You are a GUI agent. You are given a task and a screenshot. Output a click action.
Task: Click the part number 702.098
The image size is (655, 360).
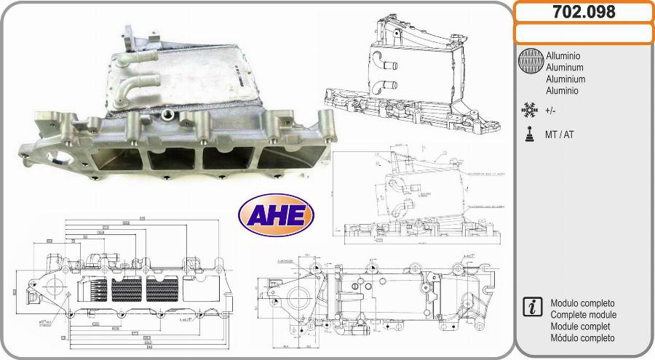click(584, 12)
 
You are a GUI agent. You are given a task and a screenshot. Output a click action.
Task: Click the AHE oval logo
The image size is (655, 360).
click(276, 215)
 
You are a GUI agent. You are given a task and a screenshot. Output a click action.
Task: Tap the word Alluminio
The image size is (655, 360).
click(563, 55)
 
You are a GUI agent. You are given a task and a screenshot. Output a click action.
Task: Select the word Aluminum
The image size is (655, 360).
click(563, 67)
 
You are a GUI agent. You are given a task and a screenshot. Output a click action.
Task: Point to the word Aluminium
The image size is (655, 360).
click(565, 79)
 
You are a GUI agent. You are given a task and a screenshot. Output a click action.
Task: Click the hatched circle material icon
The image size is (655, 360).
click(531, 62)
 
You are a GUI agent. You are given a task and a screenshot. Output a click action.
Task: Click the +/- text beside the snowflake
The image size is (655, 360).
click(551, 111)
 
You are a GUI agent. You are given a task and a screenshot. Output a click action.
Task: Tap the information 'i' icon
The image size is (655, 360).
click(531, 307)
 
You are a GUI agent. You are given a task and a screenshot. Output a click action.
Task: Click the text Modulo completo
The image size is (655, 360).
click(583, 303)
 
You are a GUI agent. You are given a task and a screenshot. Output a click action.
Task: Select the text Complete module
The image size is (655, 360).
click(584, 315)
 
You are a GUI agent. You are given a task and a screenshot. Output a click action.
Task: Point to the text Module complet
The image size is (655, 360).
click(581, 327)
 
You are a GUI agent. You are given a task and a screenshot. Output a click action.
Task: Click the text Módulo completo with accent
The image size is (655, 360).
click(583, 338)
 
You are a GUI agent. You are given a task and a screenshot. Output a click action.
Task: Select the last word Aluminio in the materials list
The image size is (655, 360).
click(562, 91)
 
